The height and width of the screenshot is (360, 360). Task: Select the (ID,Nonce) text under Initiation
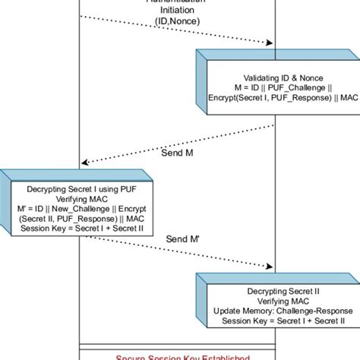pos(178,24)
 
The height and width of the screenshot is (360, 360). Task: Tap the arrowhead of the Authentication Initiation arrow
pos(270,43)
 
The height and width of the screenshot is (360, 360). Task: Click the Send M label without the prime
pos(178,152)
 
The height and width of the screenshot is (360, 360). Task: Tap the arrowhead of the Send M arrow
pos(86,161)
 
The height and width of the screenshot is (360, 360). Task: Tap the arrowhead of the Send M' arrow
pos(270,267)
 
